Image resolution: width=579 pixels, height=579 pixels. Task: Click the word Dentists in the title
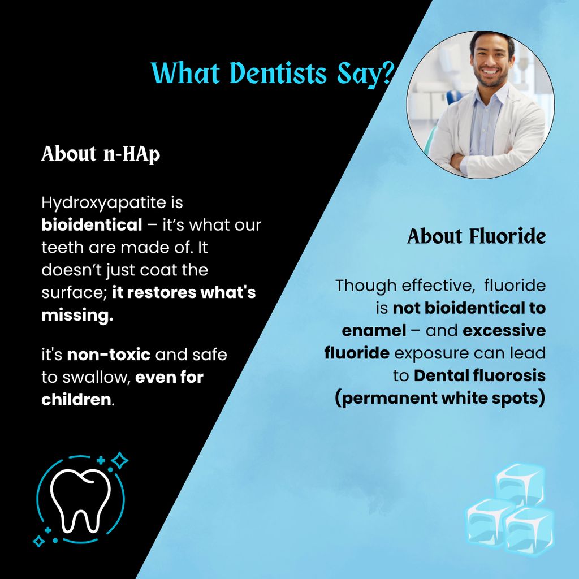pyautogui.click(x=278, y=73)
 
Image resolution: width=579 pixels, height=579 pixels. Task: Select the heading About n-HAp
pyautogui.click(x=101, y=154)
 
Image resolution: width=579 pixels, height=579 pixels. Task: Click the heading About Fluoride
pyautogui.click(x=476, y=236)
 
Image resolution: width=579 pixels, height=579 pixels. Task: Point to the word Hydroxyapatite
pyautogui.click(x=104, y=203)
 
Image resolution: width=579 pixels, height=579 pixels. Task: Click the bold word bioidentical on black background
pyautogui.click(x=92, y=225)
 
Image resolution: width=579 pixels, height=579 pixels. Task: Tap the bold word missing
pyautogui.click(x=77, y=316)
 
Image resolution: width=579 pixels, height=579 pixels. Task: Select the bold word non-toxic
pyautogui.click(x=109, y=355)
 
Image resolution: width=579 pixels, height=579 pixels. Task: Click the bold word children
pyautogui.click(x=76, y=400)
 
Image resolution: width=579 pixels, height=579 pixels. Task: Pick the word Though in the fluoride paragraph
pyautogui.click(x=365, y=286)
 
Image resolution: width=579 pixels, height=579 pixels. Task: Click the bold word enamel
pyautogui.click(x=374, y=331)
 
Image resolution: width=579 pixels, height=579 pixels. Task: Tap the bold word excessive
pyautogui.click(x=504, y=331)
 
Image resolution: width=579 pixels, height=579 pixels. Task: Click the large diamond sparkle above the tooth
pyautogui.click(x=120, y=460)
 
